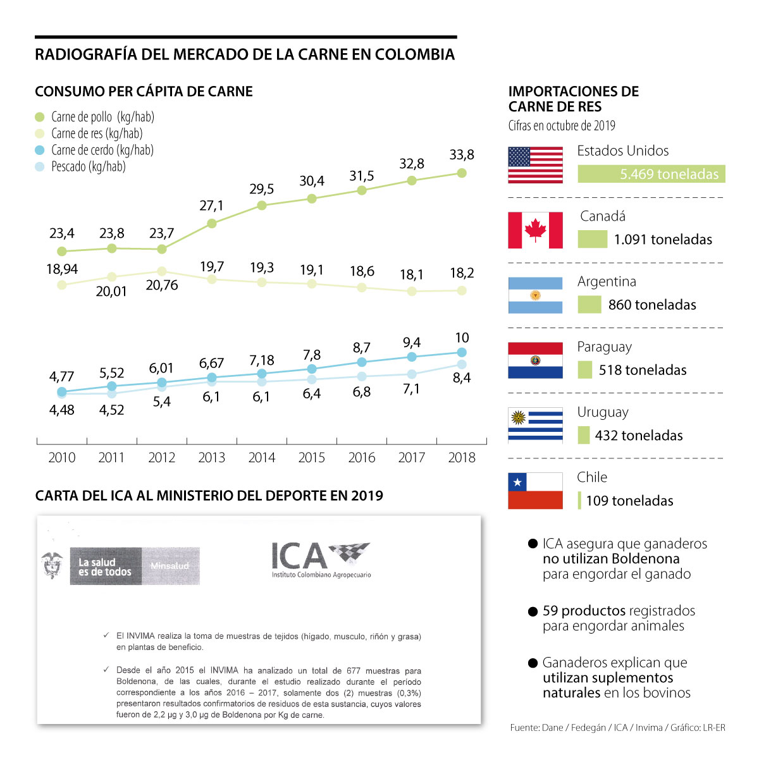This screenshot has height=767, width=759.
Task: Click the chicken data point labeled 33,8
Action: click(x=462, y=173)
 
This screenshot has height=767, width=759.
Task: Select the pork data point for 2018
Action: click(x=462, y=352)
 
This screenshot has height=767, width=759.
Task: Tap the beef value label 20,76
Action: click(x=161, y=285)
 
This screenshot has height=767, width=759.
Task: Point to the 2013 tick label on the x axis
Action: click(x=211, y=458)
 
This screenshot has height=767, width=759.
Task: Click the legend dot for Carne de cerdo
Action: click(x=40, y=150)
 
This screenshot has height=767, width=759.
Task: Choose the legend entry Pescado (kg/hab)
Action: click(x=88, y=167)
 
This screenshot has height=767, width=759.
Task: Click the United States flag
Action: click(x=535, y=165)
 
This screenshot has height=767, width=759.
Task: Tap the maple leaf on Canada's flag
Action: click(x=535, y=230)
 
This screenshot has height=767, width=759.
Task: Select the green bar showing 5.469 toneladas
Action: click(x=651, y=175)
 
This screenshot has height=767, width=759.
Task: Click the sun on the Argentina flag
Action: click(x=535, y=295)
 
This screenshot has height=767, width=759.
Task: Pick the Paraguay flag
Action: click(x=535, y=360)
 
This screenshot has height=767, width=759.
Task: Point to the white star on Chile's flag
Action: click(x=518, y=482)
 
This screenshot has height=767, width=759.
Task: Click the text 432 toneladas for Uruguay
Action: click(x=639, y=436)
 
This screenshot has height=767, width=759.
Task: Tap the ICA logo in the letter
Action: click(x=321, y=559)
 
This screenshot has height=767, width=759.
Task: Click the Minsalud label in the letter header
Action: click(x=170, y=566)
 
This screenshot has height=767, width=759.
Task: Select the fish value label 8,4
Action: click(x=462, y=378)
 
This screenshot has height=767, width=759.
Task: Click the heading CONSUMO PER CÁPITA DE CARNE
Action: click(x=144, y=92)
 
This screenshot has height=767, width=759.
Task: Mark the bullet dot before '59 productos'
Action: click(x=533, y=612)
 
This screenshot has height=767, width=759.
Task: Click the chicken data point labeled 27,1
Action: click(x=212, y=223)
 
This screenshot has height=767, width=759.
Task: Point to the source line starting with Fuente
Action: click(x=617, y=728)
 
